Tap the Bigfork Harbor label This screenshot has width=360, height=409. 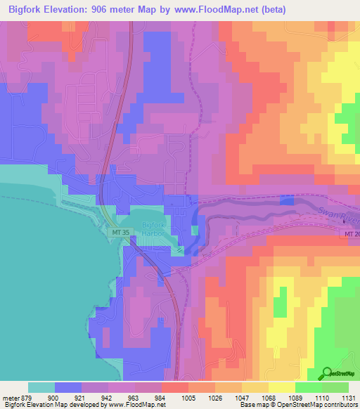pos(153,229)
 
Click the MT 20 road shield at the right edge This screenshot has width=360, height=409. pos(352,233)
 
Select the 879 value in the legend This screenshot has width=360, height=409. pos(28,397)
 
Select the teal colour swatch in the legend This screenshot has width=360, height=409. pos(41,387)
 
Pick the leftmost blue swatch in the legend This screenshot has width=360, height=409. pos(68,387)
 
